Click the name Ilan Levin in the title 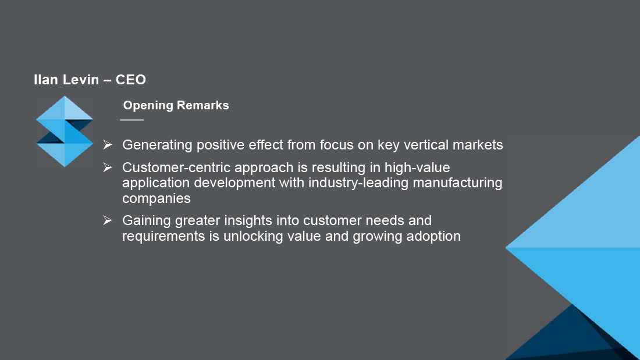[x=66, y=80]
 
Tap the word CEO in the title [x=130, y=80]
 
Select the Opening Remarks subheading [x=176, y=105]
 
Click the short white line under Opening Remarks [x=132, y=120]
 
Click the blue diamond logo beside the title [x=65, y=131]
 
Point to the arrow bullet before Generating [x=108, y=144]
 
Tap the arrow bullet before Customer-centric [x=108, y=167]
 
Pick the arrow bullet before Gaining [x=108, y=220]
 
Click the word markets [x=478, y=145]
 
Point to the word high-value [x=417, y=167]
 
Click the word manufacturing [x=457, y=183]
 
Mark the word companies [x=157, y=199]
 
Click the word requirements [x=163, y=236]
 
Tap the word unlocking [x=253, y=236]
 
